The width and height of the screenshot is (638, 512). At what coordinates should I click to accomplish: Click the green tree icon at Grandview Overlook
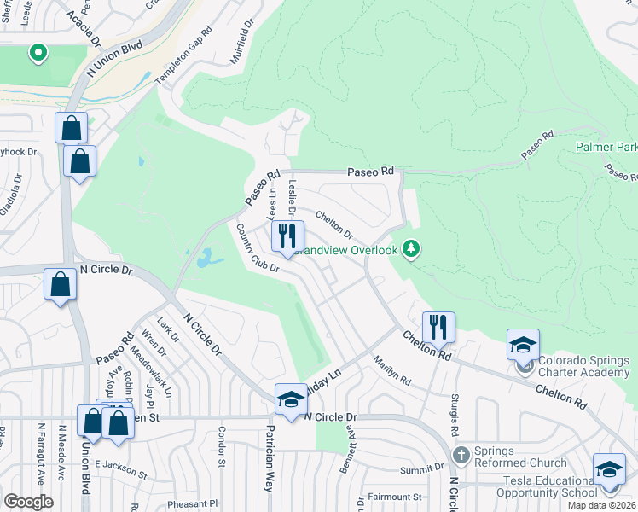412,248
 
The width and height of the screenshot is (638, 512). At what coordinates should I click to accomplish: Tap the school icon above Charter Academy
523,345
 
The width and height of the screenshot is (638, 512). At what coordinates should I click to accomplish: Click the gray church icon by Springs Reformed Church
461,454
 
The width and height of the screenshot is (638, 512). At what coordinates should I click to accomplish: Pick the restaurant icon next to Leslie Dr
287,235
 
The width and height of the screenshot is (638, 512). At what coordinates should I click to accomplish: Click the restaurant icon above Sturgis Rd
438,326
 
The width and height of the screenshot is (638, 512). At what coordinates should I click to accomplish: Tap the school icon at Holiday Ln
291,399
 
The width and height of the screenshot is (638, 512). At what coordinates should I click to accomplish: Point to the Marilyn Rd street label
391,369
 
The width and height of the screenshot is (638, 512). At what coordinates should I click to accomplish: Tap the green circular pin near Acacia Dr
38,54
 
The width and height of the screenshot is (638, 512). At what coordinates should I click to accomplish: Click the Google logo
28,502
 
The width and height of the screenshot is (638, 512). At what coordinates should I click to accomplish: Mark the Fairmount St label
394,496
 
